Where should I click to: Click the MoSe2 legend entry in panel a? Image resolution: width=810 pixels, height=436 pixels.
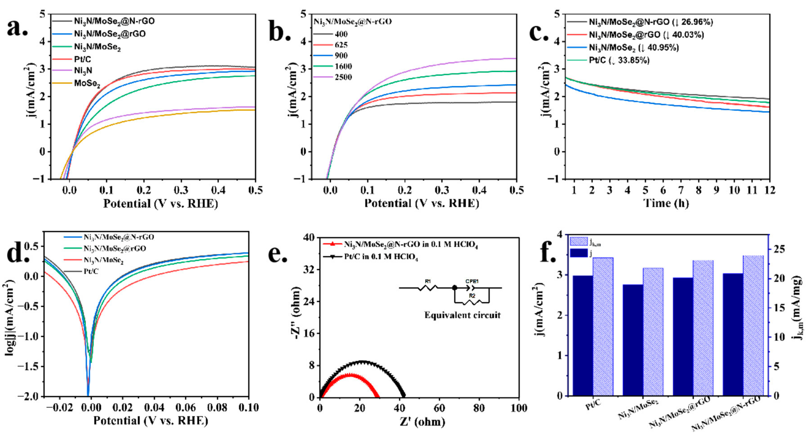(87, 84)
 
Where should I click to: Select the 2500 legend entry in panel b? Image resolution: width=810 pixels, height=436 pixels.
(343, 77)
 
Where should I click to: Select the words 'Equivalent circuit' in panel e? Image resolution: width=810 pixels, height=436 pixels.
(462, 315)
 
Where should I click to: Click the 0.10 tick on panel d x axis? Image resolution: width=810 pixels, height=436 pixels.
(248, 407)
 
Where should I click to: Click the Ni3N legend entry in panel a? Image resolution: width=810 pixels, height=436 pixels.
(83, 71)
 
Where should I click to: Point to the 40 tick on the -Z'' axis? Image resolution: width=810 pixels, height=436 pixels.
(309, 238)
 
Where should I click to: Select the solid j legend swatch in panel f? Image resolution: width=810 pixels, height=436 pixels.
(579, 253)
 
